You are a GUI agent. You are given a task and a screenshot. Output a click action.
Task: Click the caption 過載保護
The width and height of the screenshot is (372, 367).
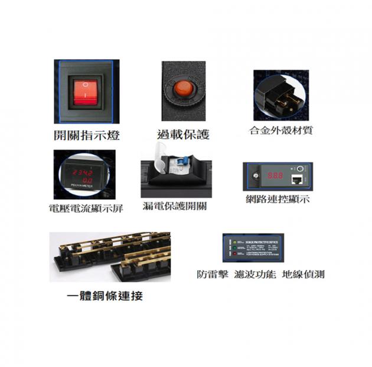point(183,135)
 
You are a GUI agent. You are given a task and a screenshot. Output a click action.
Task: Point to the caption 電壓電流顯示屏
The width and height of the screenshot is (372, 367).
point(86,209)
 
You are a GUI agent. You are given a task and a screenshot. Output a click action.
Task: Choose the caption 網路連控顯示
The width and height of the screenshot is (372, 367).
point(278,199)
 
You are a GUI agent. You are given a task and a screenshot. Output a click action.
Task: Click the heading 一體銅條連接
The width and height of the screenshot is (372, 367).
point(105,295)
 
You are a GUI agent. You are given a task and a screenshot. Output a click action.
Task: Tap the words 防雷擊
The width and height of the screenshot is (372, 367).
point(212,274)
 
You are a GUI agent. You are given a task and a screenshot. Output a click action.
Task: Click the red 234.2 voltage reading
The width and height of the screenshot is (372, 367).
point(82,171)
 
